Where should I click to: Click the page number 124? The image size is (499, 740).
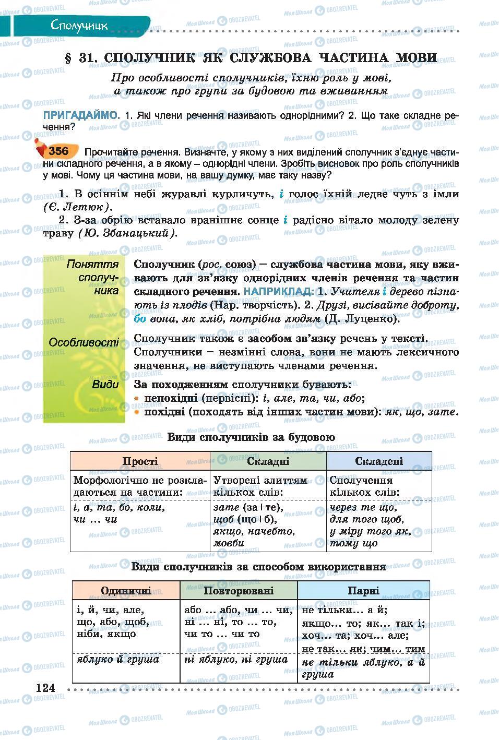45,688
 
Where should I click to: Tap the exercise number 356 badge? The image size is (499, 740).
58,151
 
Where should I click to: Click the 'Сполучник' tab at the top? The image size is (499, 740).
79,25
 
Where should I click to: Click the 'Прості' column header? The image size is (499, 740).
140,461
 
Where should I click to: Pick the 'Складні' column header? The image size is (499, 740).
268,461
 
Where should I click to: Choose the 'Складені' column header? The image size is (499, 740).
379,461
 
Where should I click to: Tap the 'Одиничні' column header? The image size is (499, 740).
126,590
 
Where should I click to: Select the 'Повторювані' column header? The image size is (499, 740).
239,590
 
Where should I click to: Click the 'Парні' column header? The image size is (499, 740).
363,590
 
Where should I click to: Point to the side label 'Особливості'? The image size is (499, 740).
84,343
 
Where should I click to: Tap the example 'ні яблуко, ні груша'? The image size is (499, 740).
236,659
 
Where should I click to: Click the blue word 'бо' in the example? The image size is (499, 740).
140,318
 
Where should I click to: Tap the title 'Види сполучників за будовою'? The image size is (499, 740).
251,437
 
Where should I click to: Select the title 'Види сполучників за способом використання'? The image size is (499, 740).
258,566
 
